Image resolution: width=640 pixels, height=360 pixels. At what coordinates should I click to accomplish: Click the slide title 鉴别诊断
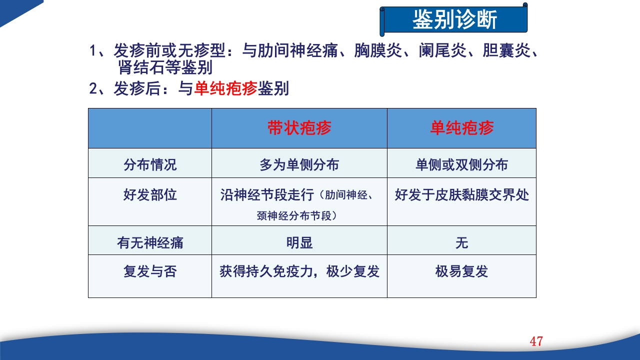454,20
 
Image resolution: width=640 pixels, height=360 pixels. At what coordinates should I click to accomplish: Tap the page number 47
536,341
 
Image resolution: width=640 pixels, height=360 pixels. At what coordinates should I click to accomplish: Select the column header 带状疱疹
299,128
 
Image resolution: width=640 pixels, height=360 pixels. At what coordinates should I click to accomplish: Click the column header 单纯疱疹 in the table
461,128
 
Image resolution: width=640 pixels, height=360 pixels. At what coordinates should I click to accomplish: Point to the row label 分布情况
150,164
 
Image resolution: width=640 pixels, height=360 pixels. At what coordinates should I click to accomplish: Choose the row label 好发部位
150,194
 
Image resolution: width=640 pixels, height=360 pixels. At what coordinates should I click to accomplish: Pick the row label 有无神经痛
150,242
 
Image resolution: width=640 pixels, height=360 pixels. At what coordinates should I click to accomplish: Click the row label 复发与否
150,271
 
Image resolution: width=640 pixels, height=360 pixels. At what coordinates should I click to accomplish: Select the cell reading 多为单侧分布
299,164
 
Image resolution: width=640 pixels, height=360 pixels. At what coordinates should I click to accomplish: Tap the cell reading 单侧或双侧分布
461,164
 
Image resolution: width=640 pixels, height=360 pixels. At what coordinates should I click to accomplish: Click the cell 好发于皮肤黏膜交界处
461,194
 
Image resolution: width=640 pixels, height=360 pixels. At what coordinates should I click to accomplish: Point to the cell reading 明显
299,242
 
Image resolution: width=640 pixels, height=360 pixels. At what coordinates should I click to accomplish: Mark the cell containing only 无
461,242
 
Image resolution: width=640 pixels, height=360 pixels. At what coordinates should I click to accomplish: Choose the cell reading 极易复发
461,271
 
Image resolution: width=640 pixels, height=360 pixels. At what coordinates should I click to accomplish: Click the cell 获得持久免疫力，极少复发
299,271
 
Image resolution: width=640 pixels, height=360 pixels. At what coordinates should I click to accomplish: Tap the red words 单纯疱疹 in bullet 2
225,88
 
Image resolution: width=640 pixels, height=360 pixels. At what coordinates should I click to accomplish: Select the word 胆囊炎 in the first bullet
505,51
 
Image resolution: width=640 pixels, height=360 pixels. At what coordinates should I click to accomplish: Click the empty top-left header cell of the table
150,128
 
